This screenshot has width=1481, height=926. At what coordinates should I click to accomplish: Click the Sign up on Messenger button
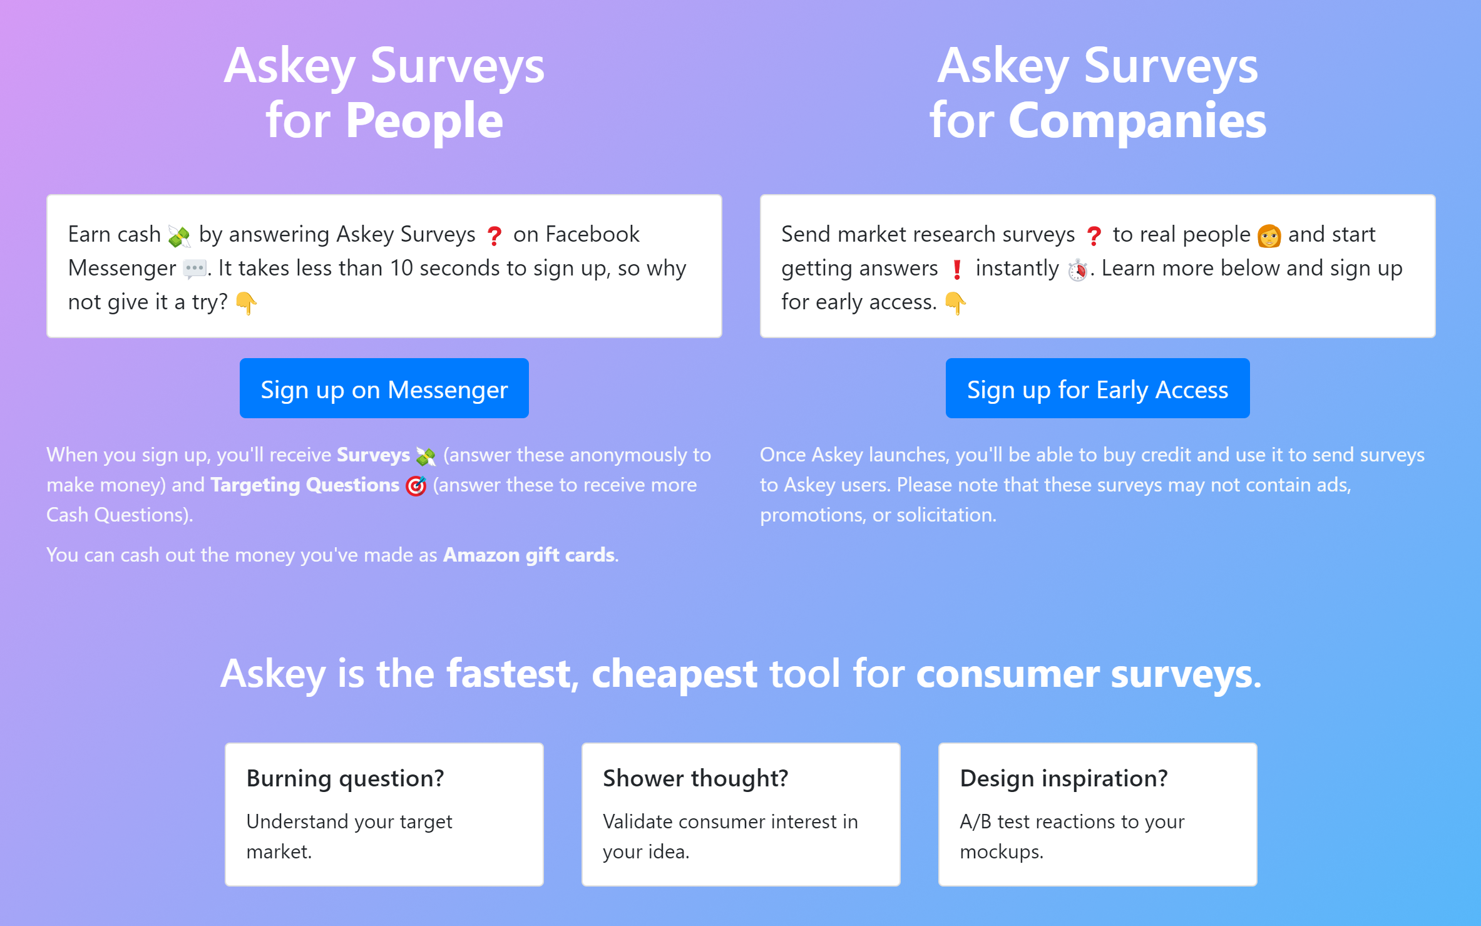pos(384,389)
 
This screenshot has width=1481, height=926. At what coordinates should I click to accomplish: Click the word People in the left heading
pos(424,120)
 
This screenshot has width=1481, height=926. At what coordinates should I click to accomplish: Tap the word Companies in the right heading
pos(1137,120)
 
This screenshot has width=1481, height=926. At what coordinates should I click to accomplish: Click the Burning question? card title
pos(345,778)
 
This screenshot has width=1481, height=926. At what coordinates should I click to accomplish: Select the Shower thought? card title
pos(695,778)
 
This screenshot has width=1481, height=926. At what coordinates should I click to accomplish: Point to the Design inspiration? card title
pos(1063,778)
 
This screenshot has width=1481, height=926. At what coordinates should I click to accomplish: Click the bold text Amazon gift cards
pos(529,555)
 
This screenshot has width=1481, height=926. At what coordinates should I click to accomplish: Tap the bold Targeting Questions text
pos(305,485)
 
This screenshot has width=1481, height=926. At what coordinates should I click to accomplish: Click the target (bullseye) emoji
pos(416,486)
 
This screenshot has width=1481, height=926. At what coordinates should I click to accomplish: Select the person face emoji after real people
pos(1269,235)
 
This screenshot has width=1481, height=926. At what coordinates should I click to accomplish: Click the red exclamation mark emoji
pos(956,269)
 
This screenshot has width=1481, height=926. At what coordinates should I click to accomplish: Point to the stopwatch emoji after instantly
pos(1078,270)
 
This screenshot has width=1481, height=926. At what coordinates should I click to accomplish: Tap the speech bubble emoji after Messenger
pos(195,269)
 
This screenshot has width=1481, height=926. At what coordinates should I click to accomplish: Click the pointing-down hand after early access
pos(955,304)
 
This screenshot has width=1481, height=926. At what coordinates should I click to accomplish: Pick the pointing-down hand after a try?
pos(246,304)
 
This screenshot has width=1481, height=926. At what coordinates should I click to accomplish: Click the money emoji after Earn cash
pos(180,235)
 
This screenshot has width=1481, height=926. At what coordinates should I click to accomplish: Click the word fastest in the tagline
pos(517,674)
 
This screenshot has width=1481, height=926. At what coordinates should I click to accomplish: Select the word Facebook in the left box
pos(592,234)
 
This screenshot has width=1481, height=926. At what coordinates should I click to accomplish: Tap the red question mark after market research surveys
pos(1094,235)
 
